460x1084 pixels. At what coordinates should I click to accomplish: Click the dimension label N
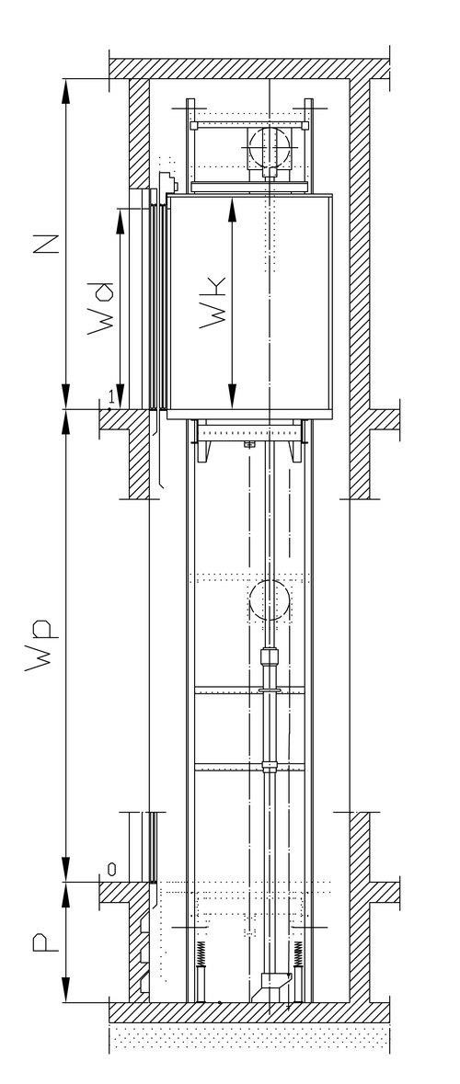coord(46,245)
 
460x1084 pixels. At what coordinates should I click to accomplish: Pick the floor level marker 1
coord(110,394)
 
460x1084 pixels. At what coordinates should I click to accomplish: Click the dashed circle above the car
coord(269,146)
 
